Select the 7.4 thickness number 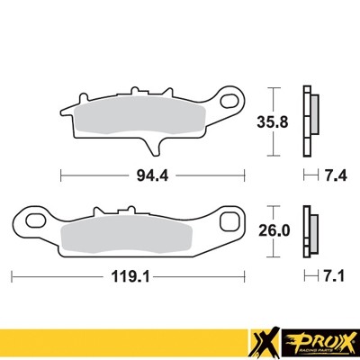pyautogui.click(x=332, y=173)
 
